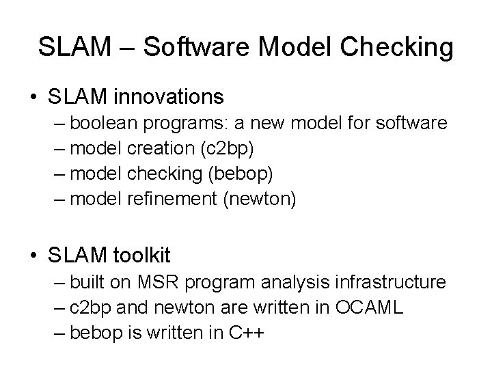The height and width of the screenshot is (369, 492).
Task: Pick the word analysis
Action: (306, 282)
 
